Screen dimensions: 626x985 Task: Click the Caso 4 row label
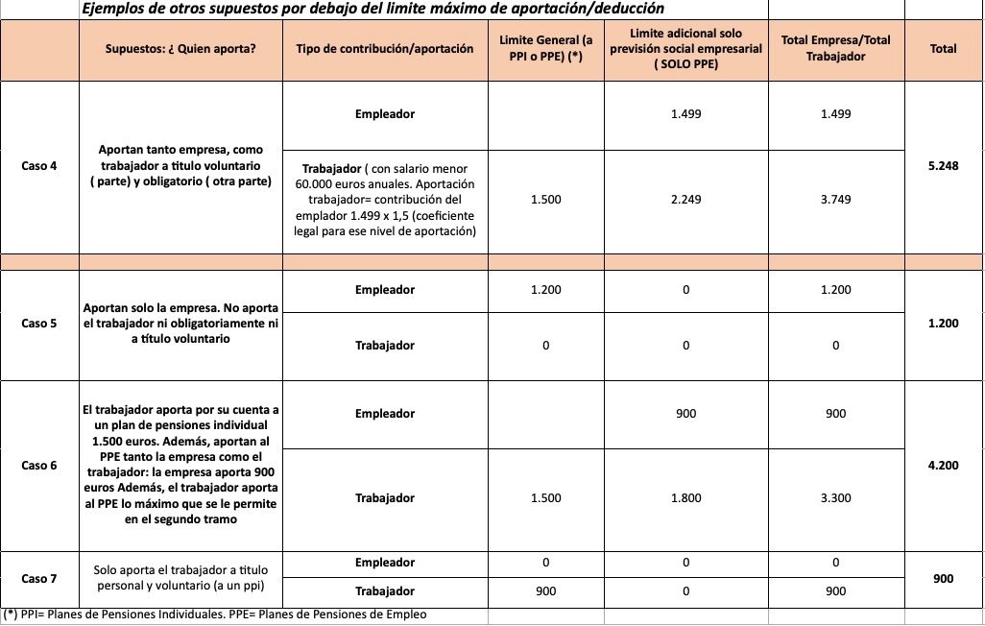tap(39, 166)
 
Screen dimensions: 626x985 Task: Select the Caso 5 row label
tap(39, 324)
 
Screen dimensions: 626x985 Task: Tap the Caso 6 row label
tap(39, 466)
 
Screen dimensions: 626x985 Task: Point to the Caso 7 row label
tap(39, 578)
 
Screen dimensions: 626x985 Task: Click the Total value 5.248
tap(944, 166)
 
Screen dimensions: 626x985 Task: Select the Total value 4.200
tap(944, 466)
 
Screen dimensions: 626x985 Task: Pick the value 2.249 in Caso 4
tap(685, 200)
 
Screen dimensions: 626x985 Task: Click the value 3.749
tap(835, 200)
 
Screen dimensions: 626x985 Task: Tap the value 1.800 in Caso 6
tap(685, 498)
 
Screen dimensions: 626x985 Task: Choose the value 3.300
tap(835, 498)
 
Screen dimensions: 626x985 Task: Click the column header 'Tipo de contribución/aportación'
tap(385, 49)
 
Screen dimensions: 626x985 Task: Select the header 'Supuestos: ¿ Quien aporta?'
tap(180, 49)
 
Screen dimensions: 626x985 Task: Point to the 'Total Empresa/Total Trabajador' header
tap(835, 49)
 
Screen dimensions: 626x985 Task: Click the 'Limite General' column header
tap(545, 49)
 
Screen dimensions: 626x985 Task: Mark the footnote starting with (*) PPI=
tap(216, 614)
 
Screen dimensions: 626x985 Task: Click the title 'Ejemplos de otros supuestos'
tap(372, 10)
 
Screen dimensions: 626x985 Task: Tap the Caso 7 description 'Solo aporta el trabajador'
tap(180, 578)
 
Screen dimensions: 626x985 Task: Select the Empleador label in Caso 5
tap(385, 290)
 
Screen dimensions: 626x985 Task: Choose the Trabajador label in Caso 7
tap(385, 591)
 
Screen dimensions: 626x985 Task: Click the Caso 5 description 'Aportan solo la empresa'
tap(180, 324)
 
